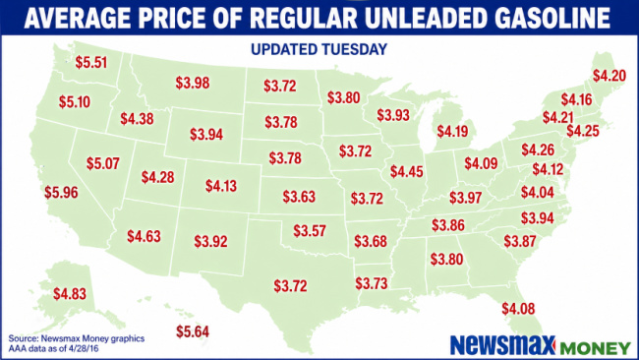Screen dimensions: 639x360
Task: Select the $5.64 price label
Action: pyautogui.click(x=192, y=332)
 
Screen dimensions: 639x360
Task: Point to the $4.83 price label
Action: pyautogui.click(x=71, y=293)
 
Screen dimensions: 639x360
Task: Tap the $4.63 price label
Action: pyautogui.click(x=145, y=236)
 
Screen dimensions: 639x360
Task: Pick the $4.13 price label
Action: pyautogui.click(x=222, y=185)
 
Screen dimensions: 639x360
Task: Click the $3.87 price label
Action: pyautogui.click(x=521, y=241)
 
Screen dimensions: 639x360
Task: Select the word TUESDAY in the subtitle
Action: pyautogui.click(x=357, y=47)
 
